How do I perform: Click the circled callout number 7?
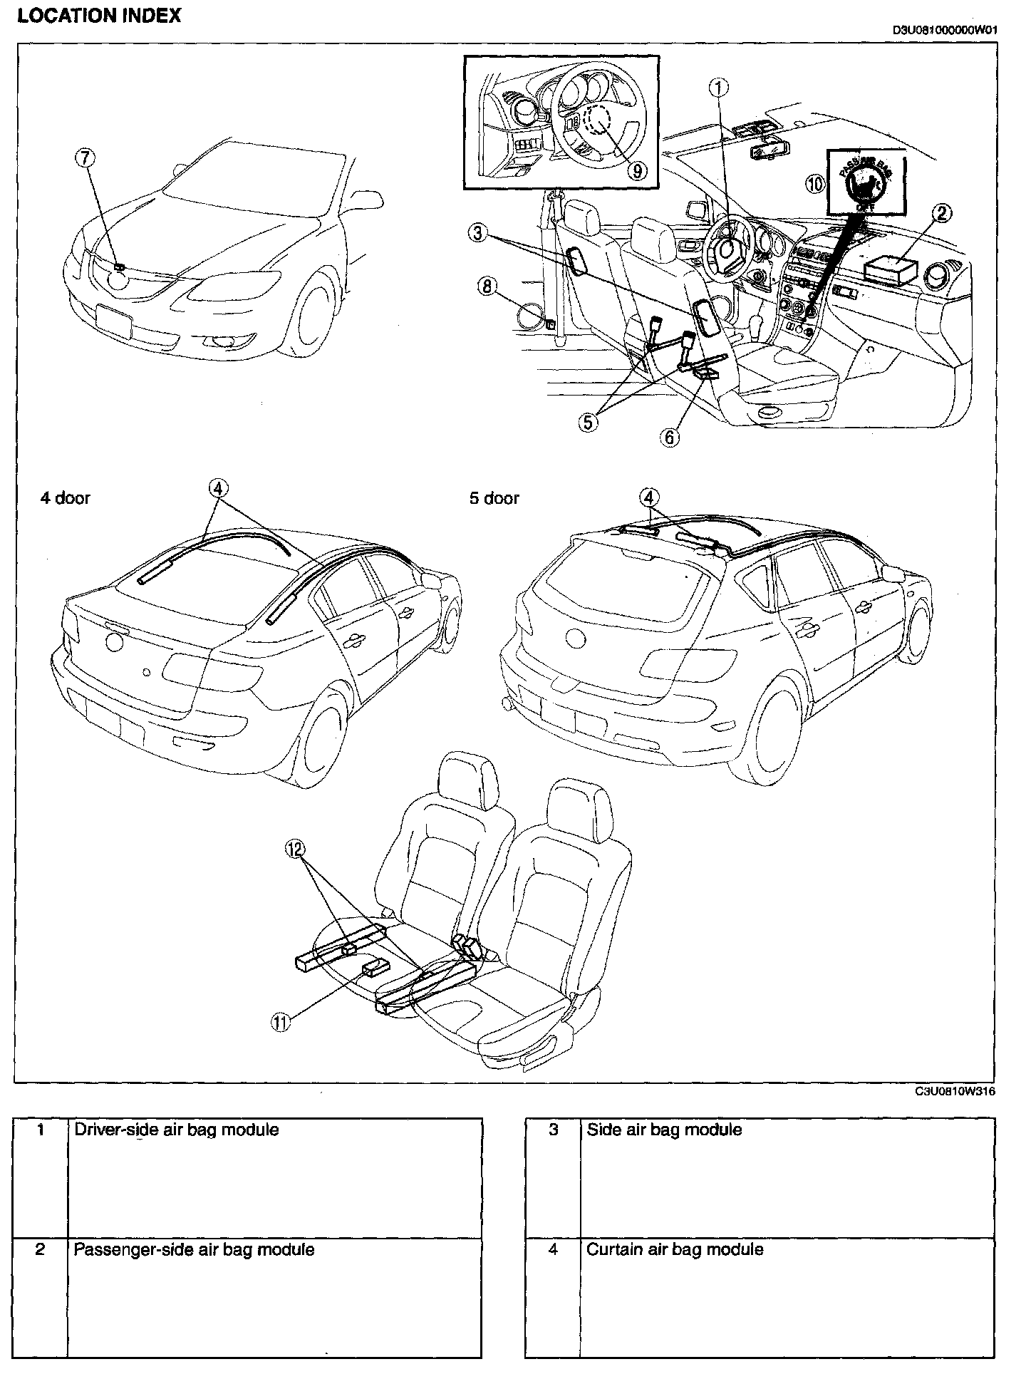(85, 158)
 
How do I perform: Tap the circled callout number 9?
(638, 170)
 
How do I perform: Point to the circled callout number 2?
(943, 212)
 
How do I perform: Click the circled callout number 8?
(487, 287)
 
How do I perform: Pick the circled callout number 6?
(670, 437)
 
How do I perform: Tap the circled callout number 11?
(280, 1023)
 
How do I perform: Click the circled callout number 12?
(295, 848)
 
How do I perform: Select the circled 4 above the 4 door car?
(218, 488)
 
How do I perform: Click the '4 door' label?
(65, 498)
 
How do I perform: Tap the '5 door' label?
(494, 498)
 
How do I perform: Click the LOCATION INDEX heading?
(99, 16)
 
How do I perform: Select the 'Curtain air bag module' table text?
(674, 1249)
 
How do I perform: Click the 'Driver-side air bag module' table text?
(177, 1130)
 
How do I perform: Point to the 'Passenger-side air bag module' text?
(195, 1249)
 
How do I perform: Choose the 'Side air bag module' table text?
(664, 1130)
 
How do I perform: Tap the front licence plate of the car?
(113, 321)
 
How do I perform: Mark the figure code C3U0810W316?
(955, 1091)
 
